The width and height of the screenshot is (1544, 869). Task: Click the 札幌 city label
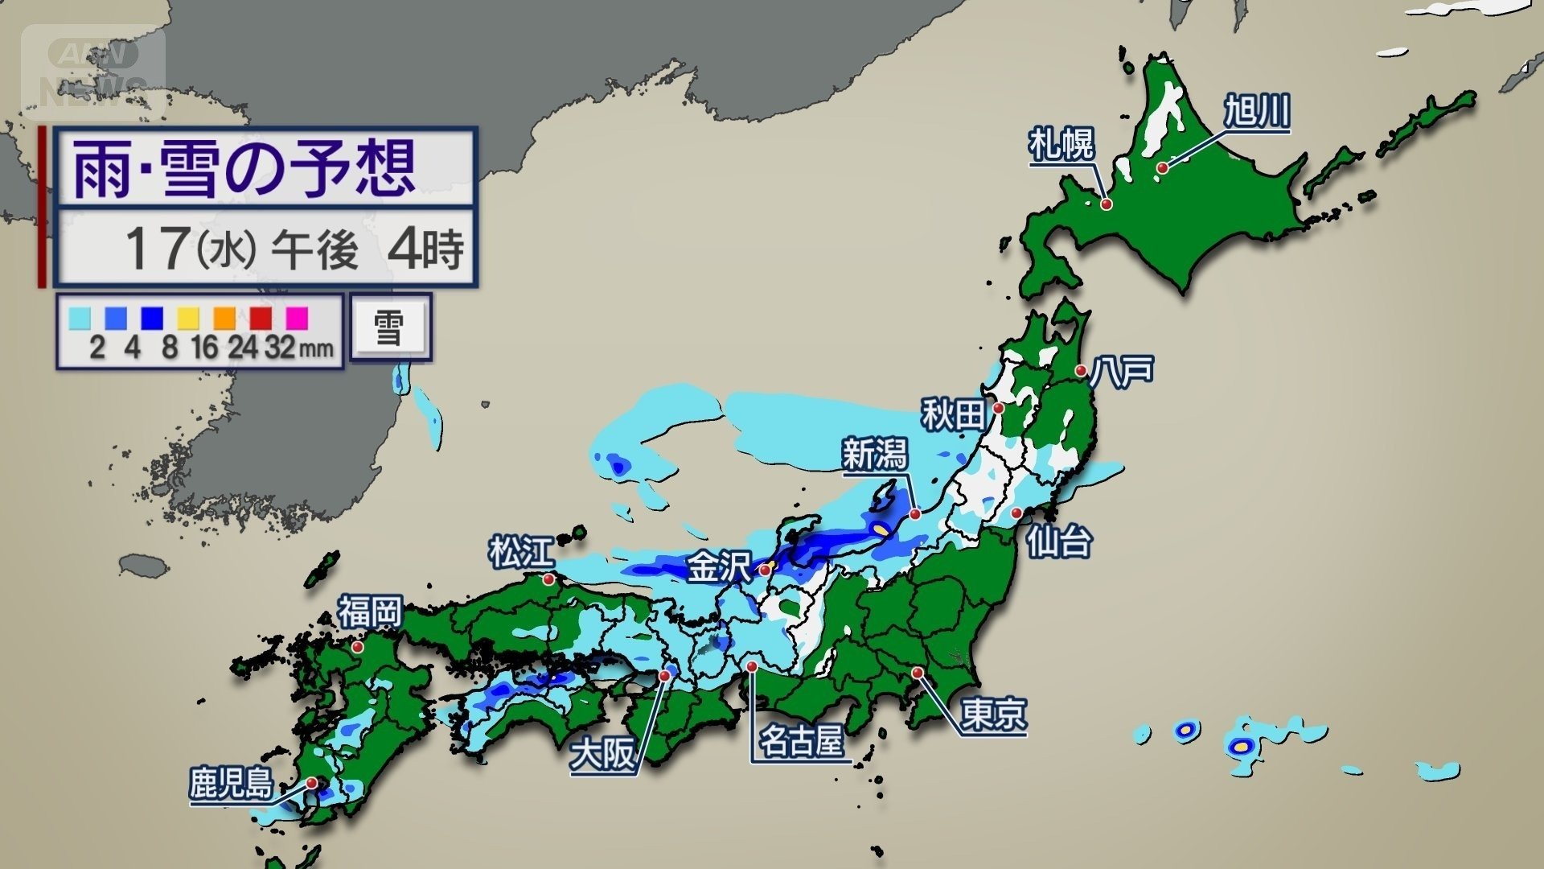click(x=1061, y=146)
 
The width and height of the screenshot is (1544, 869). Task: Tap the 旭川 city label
click(x=1257, y=111)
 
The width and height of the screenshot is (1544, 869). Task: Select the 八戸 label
click(x=1123, y=370)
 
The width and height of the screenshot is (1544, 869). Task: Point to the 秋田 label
click(x=953, y=415)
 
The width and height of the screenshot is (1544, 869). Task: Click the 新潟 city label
click(x=874, y=455)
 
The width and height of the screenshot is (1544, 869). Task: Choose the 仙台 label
click(x=1059, y=542)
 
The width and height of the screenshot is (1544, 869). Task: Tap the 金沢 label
click(x=718, y=567)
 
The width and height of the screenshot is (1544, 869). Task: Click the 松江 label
click(x=522, y=553)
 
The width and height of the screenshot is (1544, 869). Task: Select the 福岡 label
click(x=369, y=612)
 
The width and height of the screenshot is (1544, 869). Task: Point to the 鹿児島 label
click(x=231, y=783)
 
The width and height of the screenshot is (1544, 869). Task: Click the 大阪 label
click(x=602, y=756)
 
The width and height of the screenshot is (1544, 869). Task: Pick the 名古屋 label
click(x=802, y=740)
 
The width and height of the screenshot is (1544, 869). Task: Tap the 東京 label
click(x=994, y=714)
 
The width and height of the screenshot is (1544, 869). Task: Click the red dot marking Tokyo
click(x=918, y=673)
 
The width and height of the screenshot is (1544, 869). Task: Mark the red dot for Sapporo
click(x=1107, y=205)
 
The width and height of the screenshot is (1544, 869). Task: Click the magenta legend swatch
click(x=297, y=319)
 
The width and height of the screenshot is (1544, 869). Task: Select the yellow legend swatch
click(x=188, y=319)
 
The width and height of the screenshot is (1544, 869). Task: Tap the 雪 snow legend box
click(x=390, y=327)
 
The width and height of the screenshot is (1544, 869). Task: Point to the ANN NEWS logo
click(x=93, y=73)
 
